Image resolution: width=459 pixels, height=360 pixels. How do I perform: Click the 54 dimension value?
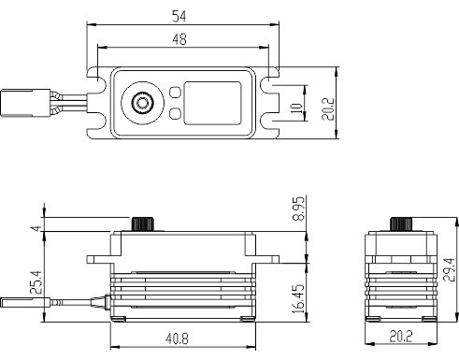coord(179,16)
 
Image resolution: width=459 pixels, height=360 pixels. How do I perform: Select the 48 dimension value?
coord(179,39)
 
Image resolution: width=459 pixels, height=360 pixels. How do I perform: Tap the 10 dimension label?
coord(296,108)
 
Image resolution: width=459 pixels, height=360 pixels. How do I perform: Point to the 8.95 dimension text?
coord(298,209)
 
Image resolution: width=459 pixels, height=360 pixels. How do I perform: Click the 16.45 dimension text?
coord(298,298)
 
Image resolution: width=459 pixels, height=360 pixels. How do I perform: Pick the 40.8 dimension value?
coord(177,338)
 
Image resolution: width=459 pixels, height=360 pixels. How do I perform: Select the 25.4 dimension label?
coord(36,282)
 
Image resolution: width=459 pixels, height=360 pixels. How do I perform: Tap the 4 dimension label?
coord(36,228)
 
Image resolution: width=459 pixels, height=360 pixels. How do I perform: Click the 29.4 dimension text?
coord(450,270)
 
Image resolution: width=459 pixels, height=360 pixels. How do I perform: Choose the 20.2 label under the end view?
coord(401,336)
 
